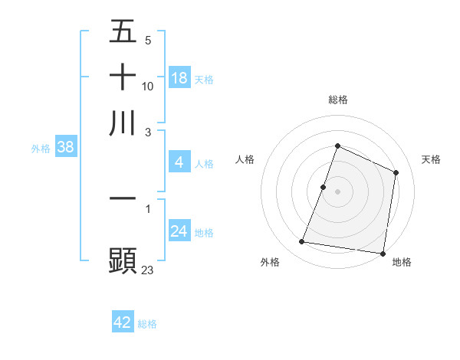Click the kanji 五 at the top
[x=123, y=32]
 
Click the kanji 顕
[x=123, y=259]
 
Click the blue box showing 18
[x=179, y=78]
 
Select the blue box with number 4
[x=179, y=162]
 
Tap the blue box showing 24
[x=179, y=231]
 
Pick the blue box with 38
[x=65, y=148]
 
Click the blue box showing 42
[x=123, y=322]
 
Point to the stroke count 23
[x=147, y=270]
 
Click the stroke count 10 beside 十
[x=148, y=87]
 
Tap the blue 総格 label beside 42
[x=147, y=324]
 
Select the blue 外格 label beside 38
[x=41, y=149]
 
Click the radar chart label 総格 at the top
[x=338, y=100]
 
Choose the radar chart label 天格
[x=431, y=159]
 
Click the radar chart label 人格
[x=245, y=159]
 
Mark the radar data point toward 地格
[x=383, y=254]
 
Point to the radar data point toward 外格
[x=302, y=242]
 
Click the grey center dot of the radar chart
[x=338, y=191]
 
